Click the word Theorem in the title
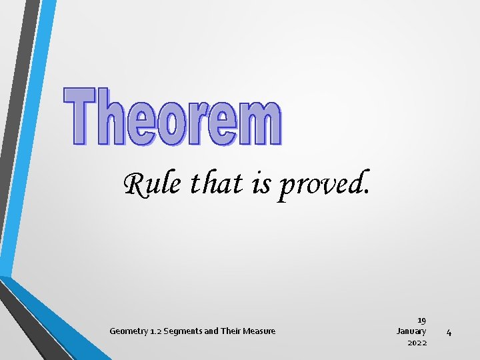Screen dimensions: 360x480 point(173,117)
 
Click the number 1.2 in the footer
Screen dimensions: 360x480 point(157,331)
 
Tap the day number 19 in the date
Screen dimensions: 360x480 point(421,321)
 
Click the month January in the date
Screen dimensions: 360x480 point(411,331)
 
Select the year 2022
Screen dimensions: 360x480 point(417,343)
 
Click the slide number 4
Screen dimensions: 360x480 point(449,332)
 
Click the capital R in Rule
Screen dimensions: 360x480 point(135,183)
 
